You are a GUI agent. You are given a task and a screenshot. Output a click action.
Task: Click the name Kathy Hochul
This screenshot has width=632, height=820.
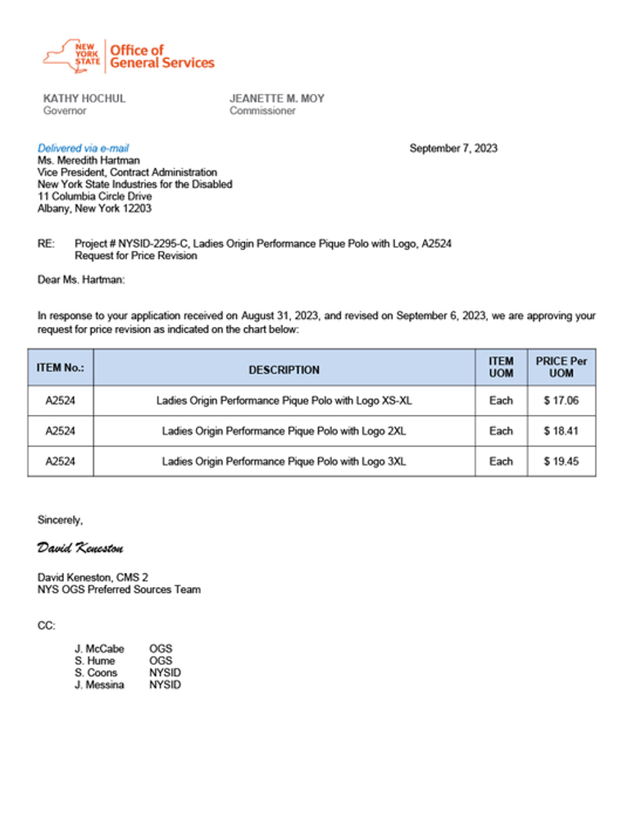click(x=84, y=98)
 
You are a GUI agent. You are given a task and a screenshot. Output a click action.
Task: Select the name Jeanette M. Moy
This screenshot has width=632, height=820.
click(x=276, y=98)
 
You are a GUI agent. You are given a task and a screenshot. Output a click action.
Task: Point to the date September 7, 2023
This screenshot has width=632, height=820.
click(x=452, y=148)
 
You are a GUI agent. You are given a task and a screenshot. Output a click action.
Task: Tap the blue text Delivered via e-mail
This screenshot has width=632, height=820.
click(x=83, y=148)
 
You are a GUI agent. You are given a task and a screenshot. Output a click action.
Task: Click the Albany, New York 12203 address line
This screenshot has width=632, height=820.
click(x=94, y=208)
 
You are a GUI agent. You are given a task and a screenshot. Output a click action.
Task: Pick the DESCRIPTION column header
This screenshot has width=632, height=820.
click(x=284, y=370)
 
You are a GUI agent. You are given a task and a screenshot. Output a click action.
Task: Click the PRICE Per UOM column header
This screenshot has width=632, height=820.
click(x=561, y=367)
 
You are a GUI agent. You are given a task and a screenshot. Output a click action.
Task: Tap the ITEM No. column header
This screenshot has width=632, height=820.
click(x=61, y=368)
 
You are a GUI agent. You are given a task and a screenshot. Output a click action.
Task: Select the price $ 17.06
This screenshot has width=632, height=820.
click(x=561, y=401)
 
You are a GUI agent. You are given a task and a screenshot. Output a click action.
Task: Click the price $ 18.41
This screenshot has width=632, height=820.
click(x=561, y=431)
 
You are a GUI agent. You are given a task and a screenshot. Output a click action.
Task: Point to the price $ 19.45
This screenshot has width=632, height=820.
click(x=561, y=462)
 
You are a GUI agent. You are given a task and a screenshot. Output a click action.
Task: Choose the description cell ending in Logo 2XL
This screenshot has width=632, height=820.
click(x=284, y=431)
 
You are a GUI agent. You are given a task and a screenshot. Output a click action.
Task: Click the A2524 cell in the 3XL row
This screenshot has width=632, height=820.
click(x=61, y=462)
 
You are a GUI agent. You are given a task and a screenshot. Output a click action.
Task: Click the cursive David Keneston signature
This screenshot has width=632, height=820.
click(x=80, y=547)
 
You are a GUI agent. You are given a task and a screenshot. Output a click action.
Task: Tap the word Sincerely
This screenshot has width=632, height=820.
click(x=60, y=519)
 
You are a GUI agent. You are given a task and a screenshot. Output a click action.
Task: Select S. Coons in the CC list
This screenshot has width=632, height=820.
click(x=95, y=673)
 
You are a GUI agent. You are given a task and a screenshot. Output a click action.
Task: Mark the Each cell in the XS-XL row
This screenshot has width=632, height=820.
click(x=501, y=401)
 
